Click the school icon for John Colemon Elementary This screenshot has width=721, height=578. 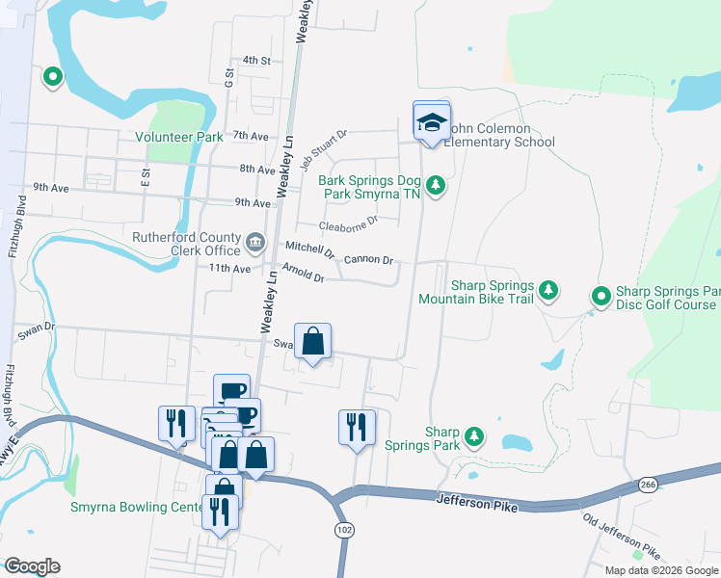[431, 122]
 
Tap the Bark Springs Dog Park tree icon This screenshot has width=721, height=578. [436, 183]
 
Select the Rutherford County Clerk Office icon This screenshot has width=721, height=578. [256, 241]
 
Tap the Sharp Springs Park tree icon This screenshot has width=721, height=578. [473, 436]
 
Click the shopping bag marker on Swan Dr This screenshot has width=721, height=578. [313, 342]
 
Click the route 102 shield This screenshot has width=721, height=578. [344, 530]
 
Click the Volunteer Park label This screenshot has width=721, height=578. [179, 137]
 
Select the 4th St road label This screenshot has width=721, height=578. [256, 60]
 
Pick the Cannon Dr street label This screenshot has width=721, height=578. [368, 259]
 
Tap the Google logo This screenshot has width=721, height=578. [32, 566]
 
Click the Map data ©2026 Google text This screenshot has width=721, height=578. [660, 569]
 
